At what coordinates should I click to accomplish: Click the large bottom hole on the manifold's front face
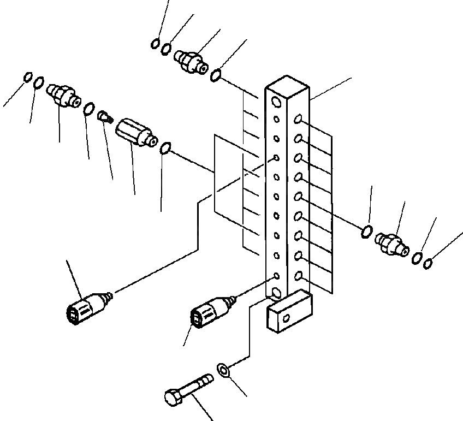[277, 293]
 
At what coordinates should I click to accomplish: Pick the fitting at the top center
[191, 60]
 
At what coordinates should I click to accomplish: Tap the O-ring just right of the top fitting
[216, 75]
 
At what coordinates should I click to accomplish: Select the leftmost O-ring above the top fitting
[156, 44]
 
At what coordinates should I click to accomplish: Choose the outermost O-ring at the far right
[428, 263]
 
